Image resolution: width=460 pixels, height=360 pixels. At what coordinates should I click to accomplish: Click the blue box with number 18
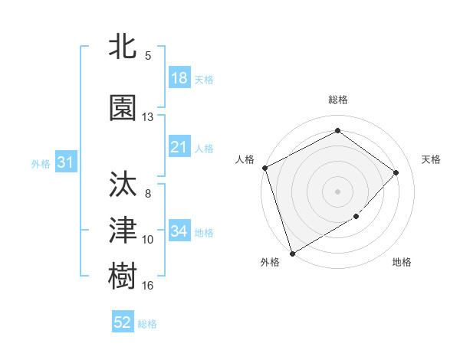coord(179,77)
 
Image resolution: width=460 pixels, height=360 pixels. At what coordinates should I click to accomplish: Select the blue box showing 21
coord(179,147)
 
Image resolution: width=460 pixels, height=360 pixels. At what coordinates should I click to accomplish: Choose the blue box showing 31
coord(65,162)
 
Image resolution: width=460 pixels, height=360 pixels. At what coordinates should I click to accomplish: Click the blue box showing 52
coord(123,322)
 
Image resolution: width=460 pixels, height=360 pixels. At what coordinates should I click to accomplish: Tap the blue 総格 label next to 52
coord(147,324)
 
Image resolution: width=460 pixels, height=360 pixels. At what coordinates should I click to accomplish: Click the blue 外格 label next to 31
coord(41,163)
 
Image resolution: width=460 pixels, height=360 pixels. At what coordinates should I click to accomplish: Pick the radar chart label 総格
coord(337,100)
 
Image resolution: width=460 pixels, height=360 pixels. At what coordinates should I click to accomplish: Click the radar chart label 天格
coord(431,159)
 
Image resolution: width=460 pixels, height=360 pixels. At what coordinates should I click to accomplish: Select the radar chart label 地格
coord(402,262)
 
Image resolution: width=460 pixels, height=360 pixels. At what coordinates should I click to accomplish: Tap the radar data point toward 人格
coord(264,168)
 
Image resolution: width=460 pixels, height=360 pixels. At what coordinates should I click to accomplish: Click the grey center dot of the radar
coord(337,191)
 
